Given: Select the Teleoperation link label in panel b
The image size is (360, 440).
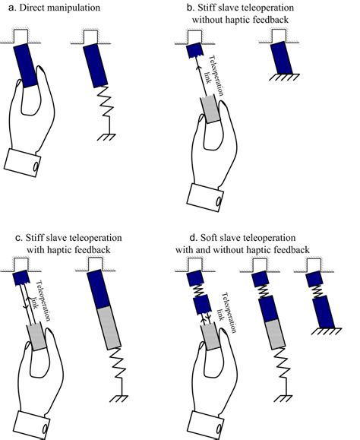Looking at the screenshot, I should [x=215, y=77].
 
